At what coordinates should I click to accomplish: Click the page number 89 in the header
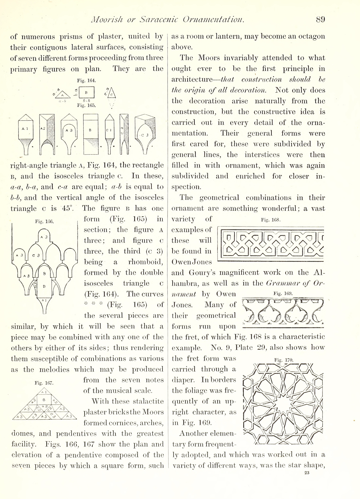[320, 19]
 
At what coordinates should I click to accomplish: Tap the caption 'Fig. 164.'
[86, 81]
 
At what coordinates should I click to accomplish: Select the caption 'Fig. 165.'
[86, 105]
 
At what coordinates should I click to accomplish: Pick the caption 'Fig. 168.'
[270, 220]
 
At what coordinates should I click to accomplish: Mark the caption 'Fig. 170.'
[284, 360]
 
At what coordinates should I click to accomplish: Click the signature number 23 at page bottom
[307, 473]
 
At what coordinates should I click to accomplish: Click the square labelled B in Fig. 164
[86, 93]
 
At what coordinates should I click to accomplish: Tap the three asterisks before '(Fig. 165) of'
[93, 305]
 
